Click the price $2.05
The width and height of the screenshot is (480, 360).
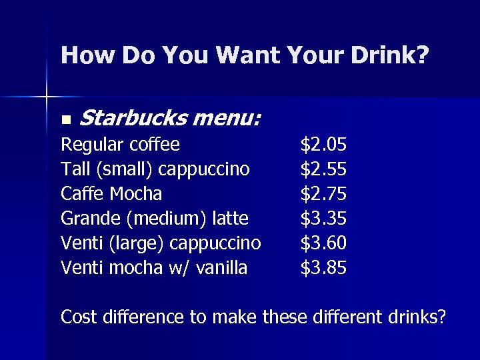(x=323, y=145)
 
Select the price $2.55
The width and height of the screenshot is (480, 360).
(x=323, y=169)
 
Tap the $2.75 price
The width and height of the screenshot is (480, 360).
(x=323, y=194)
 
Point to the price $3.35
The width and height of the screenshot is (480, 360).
(x=323, y=219)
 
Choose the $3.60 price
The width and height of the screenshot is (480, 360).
(x=323, y=243)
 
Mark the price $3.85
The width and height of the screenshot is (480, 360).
(x=323, y=268)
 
